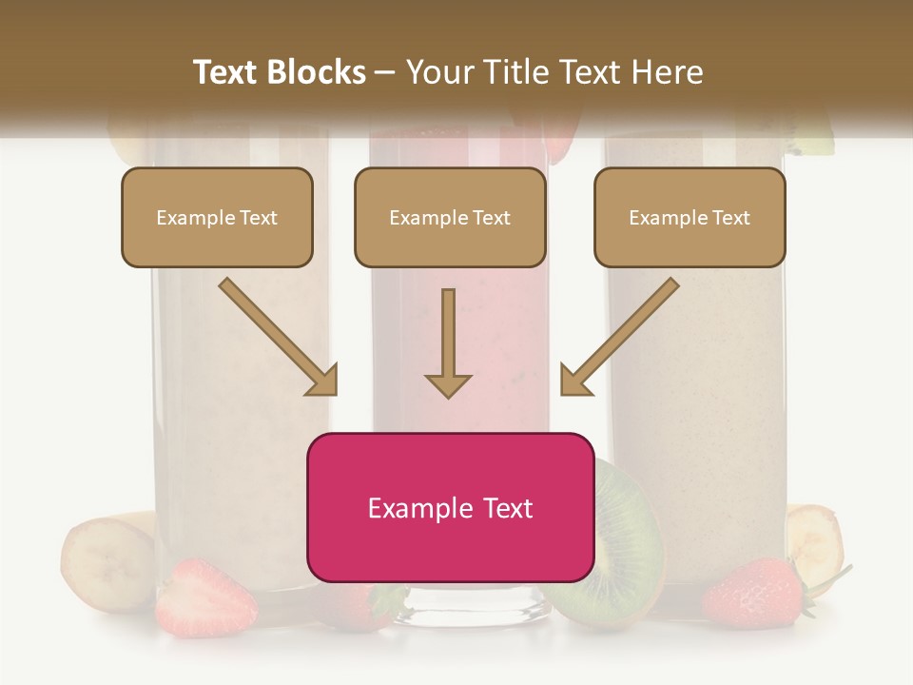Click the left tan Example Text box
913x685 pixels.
[217, 218]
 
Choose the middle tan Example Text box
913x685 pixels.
[450, 218]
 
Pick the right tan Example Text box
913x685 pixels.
[690, 218]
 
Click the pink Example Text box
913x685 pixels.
[450, 508]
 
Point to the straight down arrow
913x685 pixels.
[448, 342]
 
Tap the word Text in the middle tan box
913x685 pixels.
[491, 218]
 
